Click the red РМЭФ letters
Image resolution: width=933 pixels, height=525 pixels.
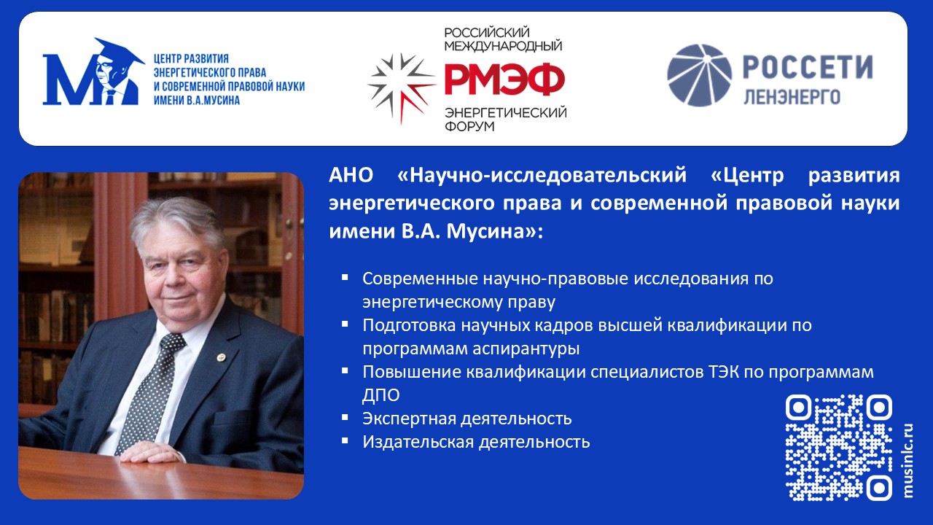point(505,79)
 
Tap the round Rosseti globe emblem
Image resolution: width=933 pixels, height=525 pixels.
point(699,75)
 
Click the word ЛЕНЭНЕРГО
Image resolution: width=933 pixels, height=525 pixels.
point(792,97)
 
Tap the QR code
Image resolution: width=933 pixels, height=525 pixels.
point(838,448)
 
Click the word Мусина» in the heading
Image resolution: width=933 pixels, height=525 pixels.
point(494,232)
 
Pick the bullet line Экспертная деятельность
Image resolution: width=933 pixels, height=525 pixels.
point(466,419)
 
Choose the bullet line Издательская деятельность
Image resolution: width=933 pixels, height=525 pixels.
point(476,442)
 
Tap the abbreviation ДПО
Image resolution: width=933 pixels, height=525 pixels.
point(380,395)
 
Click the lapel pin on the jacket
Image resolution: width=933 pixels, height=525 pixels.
point(221,357)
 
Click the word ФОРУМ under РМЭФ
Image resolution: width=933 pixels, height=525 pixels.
point(470,126)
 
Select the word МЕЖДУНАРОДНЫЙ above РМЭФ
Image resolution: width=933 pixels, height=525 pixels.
point(503,45)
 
